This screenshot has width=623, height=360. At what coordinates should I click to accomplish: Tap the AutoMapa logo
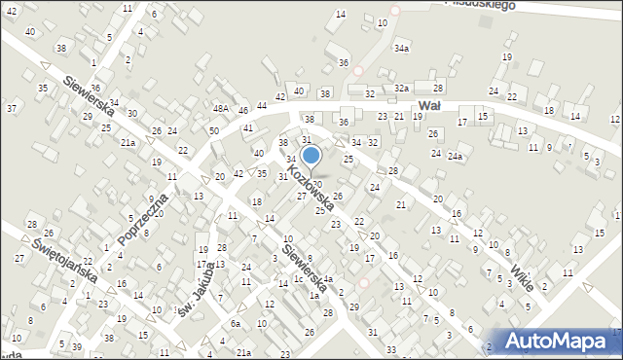click(557, 341)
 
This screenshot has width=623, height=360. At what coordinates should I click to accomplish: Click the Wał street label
click(429, 105)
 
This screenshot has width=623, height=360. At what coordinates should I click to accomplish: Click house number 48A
click(221, 109)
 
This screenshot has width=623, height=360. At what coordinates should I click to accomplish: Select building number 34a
click(401, 47)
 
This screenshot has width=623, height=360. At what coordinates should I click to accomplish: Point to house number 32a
click(401, 88)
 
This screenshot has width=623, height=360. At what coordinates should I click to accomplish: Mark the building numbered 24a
click(455, 156)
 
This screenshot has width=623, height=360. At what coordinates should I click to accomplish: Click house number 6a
click(235, 324)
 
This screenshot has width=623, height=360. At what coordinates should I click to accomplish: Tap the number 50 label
click(213, 130)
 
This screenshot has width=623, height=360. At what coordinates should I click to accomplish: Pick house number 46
click(242, 111)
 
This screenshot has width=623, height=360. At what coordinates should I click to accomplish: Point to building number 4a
click(328, 279)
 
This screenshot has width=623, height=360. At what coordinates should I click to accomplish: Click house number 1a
click(312, 294)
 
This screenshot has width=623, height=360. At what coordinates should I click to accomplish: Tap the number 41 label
click(248, 127)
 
